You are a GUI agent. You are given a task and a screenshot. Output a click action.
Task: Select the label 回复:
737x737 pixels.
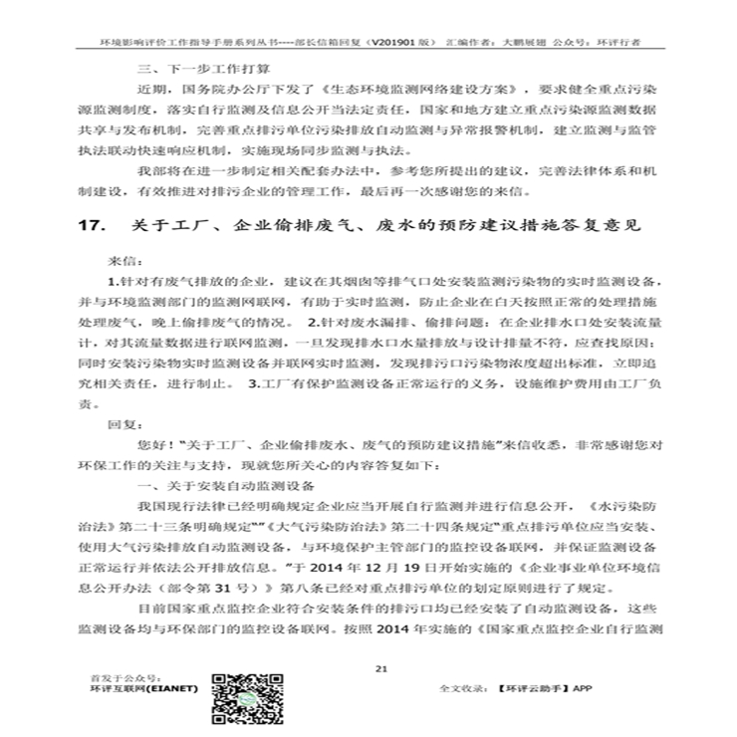tap(120, 423)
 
